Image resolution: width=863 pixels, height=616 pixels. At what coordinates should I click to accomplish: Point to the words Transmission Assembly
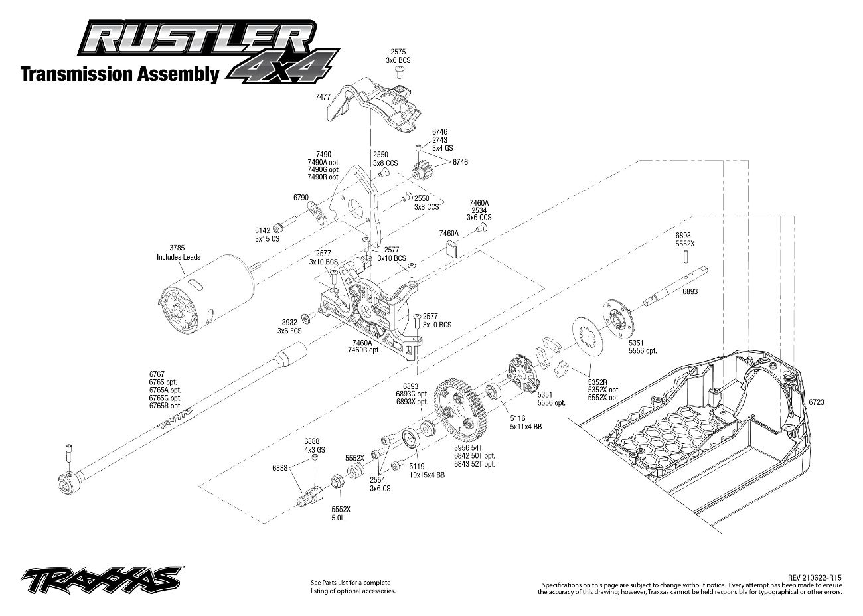(x=119, y=74)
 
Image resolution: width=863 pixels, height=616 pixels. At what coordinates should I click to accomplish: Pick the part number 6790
(x=301, y=197)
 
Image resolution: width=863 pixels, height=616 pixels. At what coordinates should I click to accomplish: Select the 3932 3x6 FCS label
(x=290, y=325)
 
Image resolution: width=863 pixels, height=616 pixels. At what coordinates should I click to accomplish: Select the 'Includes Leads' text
(x=178, y=257)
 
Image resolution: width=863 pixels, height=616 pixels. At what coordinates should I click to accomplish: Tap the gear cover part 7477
(x=378, y=106)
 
